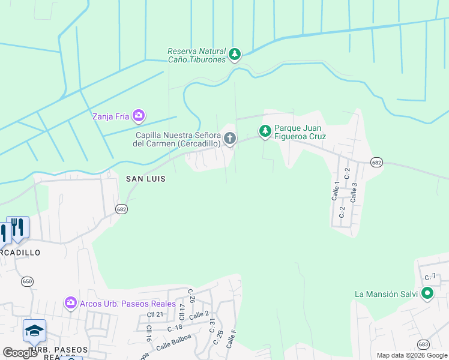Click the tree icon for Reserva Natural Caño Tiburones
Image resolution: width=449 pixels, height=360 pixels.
point(235,55)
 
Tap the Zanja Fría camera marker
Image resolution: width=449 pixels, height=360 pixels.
point(139,115)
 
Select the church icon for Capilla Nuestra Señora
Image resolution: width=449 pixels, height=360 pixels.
point(229,139)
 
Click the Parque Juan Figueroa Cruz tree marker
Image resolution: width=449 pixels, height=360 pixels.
point(265,130)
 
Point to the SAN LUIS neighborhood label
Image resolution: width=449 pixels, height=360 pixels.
point(145,179)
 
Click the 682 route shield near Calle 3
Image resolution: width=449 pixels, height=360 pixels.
point(376,163)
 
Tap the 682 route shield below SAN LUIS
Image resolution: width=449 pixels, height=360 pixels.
point(122,209)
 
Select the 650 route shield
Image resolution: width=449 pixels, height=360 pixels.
point(27,281)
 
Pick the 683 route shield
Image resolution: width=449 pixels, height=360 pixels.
point(424,344)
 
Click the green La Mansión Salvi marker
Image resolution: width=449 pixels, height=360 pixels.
point(427,293)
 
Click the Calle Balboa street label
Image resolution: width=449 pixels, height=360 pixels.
point(172,346)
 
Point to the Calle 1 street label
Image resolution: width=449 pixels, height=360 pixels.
point(336,191)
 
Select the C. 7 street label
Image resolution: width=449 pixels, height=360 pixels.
point(430,277)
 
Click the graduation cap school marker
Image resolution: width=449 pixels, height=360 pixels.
point(34,331)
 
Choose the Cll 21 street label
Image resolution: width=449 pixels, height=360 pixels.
point(155,314)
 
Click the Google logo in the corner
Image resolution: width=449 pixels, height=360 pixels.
point(20,353)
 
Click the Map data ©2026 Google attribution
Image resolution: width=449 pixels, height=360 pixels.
point(412,355)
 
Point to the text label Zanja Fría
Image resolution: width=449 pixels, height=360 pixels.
point(110,116)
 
